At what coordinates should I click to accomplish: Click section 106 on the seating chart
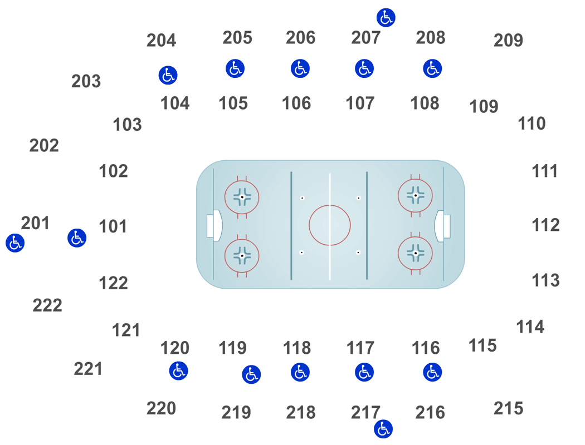pos(297,111)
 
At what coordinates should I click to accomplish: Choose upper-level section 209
pos(510,40)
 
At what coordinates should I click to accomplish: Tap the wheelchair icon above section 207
pos(385,17)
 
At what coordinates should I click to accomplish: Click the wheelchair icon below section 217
pos(383,429)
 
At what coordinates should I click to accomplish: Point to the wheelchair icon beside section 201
pos(14,243)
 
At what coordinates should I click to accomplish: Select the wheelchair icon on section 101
pos(76,238)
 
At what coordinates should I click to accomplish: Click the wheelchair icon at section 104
pos(168,75)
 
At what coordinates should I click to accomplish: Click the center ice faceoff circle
pos(330,225)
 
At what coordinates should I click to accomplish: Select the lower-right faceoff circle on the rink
pos(416,254)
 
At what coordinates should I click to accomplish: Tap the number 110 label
pos(532,123)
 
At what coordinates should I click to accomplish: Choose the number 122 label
pos(114,283)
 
